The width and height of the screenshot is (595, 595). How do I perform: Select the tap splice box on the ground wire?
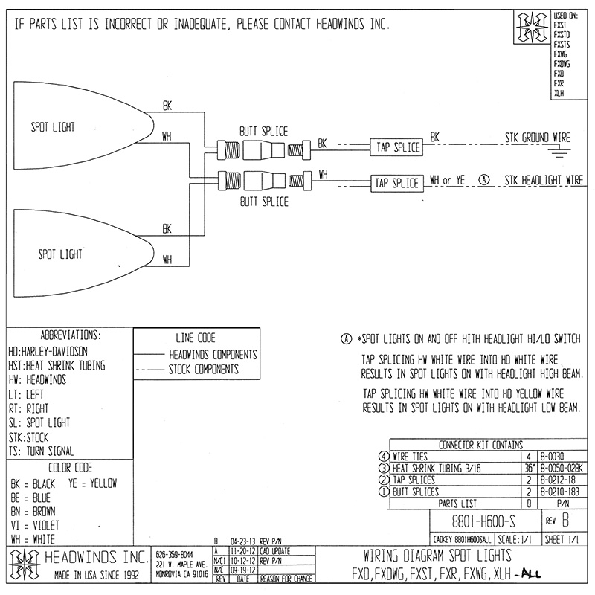tap(396, 147)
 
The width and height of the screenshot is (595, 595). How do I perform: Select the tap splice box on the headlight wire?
tap(396, 182)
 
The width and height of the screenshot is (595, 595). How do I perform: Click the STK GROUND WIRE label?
tap(536, 138)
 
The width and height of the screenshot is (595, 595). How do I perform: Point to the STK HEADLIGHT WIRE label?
tap(542, 180)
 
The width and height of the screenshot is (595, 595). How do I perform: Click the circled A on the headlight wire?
tap(485, 180)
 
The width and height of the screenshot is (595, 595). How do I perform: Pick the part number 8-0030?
tap(550, 457)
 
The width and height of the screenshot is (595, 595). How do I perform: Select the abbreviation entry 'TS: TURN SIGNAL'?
tap(41, 451)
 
